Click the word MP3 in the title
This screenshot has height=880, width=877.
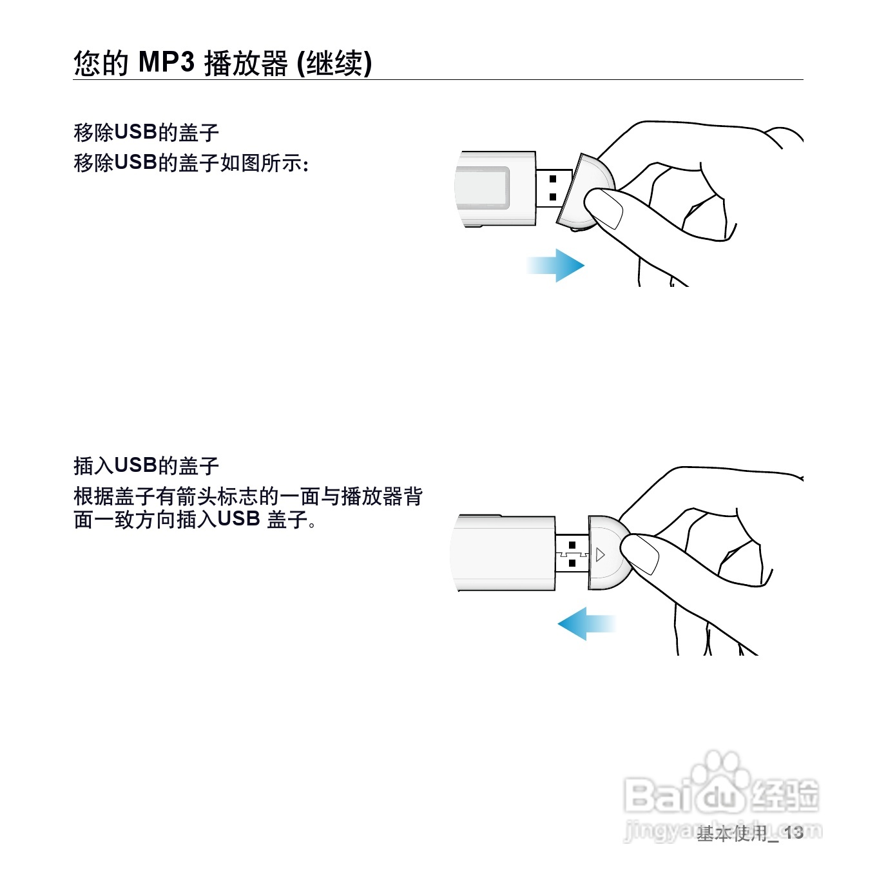tap(166, 62)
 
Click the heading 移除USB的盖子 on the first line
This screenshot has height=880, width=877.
tap(146, 132)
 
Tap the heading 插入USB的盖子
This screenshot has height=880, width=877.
tap(146, 465)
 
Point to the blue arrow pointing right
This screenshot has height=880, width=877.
tap(555, 266)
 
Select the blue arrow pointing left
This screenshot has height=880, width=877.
tap(586, 623)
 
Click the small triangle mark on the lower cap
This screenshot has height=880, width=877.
tap(601, 555)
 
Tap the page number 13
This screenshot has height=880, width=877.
tap(794, 832)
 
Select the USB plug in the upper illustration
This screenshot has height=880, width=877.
tap(554, 188)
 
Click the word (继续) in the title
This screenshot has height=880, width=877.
tap(334, 62)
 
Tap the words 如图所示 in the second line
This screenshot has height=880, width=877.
tap(260, 162)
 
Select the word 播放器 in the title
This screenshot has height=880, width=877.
tap(246, 62)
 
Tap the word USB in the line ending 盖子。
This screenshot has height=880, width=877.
tap(239, 519)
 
